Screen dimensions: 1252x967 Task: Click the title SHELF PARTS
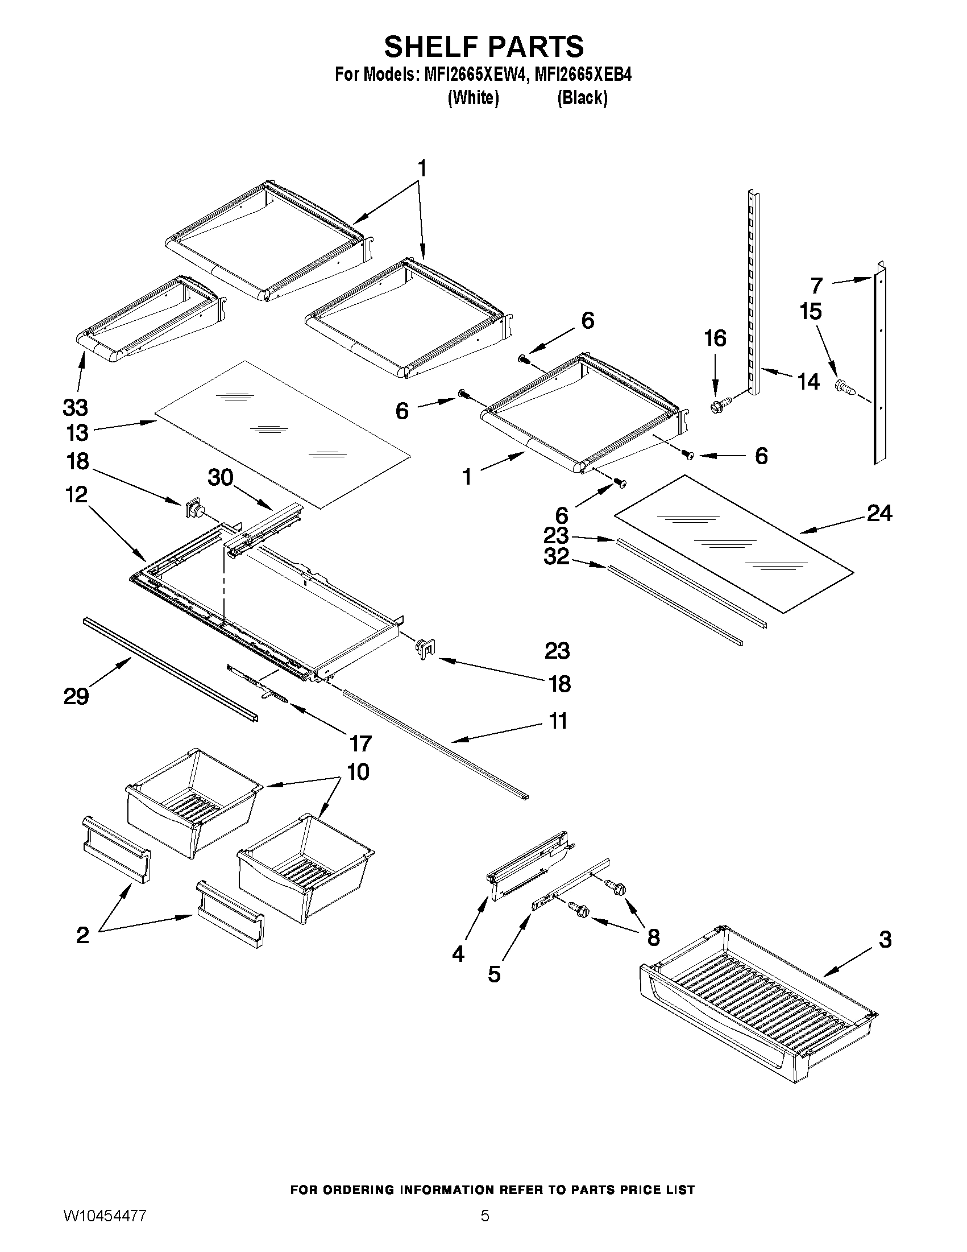click(x=483, y=47)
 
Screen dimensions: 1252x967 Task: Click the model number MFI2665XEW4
click(x=474, y=75)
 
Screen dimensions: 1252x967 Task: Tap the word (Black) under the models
click(x=582, y=98)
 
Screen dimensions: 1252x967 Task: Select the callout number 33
click(x=75, y=408)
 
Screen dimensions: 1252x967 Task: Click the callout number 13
click(x=77, y=433)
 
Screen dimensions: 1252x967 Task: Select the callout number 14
click(x=808, y=381)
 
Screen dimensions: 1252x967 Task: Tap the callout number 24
click(x=879, y=513)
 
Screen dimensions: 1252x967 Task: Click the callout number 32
click(x=556, y=557)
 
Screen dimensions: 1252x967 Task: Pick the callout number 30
click(x=221, y=477)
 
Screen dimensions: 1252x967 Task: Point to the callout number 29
click(x=76, y=696)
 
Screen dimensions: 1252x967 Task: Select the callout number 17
click(x=360, y=743)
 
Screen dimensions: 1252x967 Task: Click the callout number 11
click(x=558, y=721)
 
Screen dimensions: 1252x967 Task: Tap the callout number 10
click(x=358, y=772)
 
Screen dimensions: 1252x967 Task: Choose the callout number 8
click(x=653, y=938)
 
